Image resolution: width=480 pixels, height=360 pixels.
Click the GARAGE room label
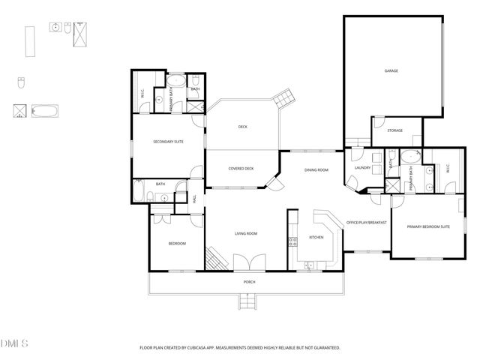(391, 71)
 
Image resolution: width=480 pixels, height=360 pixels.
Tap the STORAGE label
(394, 130)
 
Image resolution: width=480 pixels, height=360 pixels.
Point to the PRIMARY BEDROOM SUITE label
(428, 226)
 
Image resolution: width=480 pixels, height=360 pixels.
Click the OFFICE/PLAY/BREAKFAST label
(366, 223)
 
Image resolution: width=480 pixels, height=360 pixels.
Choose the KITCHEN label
(316, 238)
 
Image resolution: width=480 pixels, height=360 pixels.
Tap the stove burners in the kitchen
(292, 241)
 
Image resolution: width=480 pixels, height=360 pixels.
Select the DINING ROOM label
(316, 170)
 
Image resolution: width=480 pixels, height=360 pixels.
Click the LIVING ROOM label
(245, 234)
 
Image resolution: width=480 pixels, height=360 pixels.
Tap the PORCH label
(249, 281)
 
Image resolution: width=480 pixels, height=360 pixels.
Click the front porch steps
(249, 301)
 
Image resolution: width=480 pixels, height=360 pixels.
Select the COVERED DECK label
(241, 168)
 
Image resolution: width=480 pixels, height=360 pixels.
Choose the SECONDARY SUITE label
(168, 142)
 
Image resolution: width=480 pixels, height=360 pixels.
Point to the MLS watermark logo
(14, 343)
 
